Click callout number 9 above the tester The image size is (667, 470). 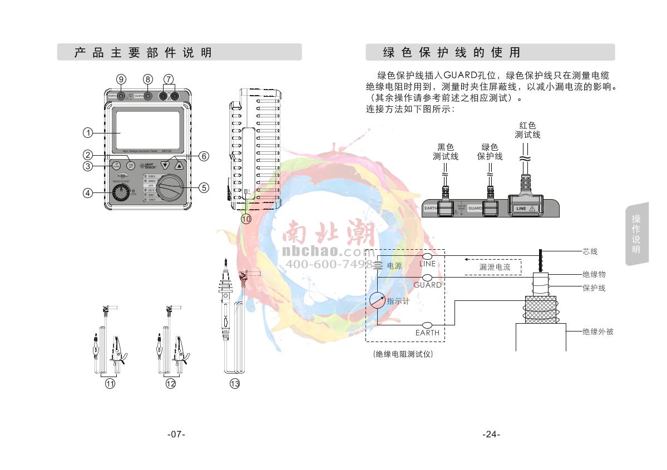click(121, 79)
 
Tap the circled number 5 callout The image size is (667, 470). click(204, 188)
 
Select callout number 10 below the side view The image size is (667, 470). click(246, 219)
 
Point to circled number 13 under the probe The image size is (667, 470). click(235, 383)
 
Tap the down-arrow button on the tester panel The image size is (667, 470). click(165, 166)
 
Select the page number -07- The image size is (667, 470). click(176, 434)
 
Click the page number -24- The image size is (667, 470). click(491, 434)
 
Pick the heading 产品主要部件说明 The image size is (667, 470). click(143, 53)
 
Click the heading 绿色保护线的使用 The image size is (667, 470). click(452, 53)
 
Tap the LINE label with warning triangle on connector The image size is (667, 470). click(525, 209)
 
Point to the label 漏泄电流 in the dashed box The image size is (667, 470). click(495, 267)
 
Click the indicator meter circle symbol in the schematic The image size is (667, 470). click(377, 300)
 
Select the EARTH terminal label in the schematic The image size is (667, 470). click(427, 333)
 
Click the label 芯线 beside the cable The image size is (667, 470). click(590, 252)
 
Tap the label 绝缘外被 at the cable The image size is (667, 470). click(597, 332)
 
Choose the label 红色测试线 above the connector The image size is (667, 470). click(527, 130)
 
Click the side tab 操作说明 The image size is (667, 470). click(636, 234)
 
